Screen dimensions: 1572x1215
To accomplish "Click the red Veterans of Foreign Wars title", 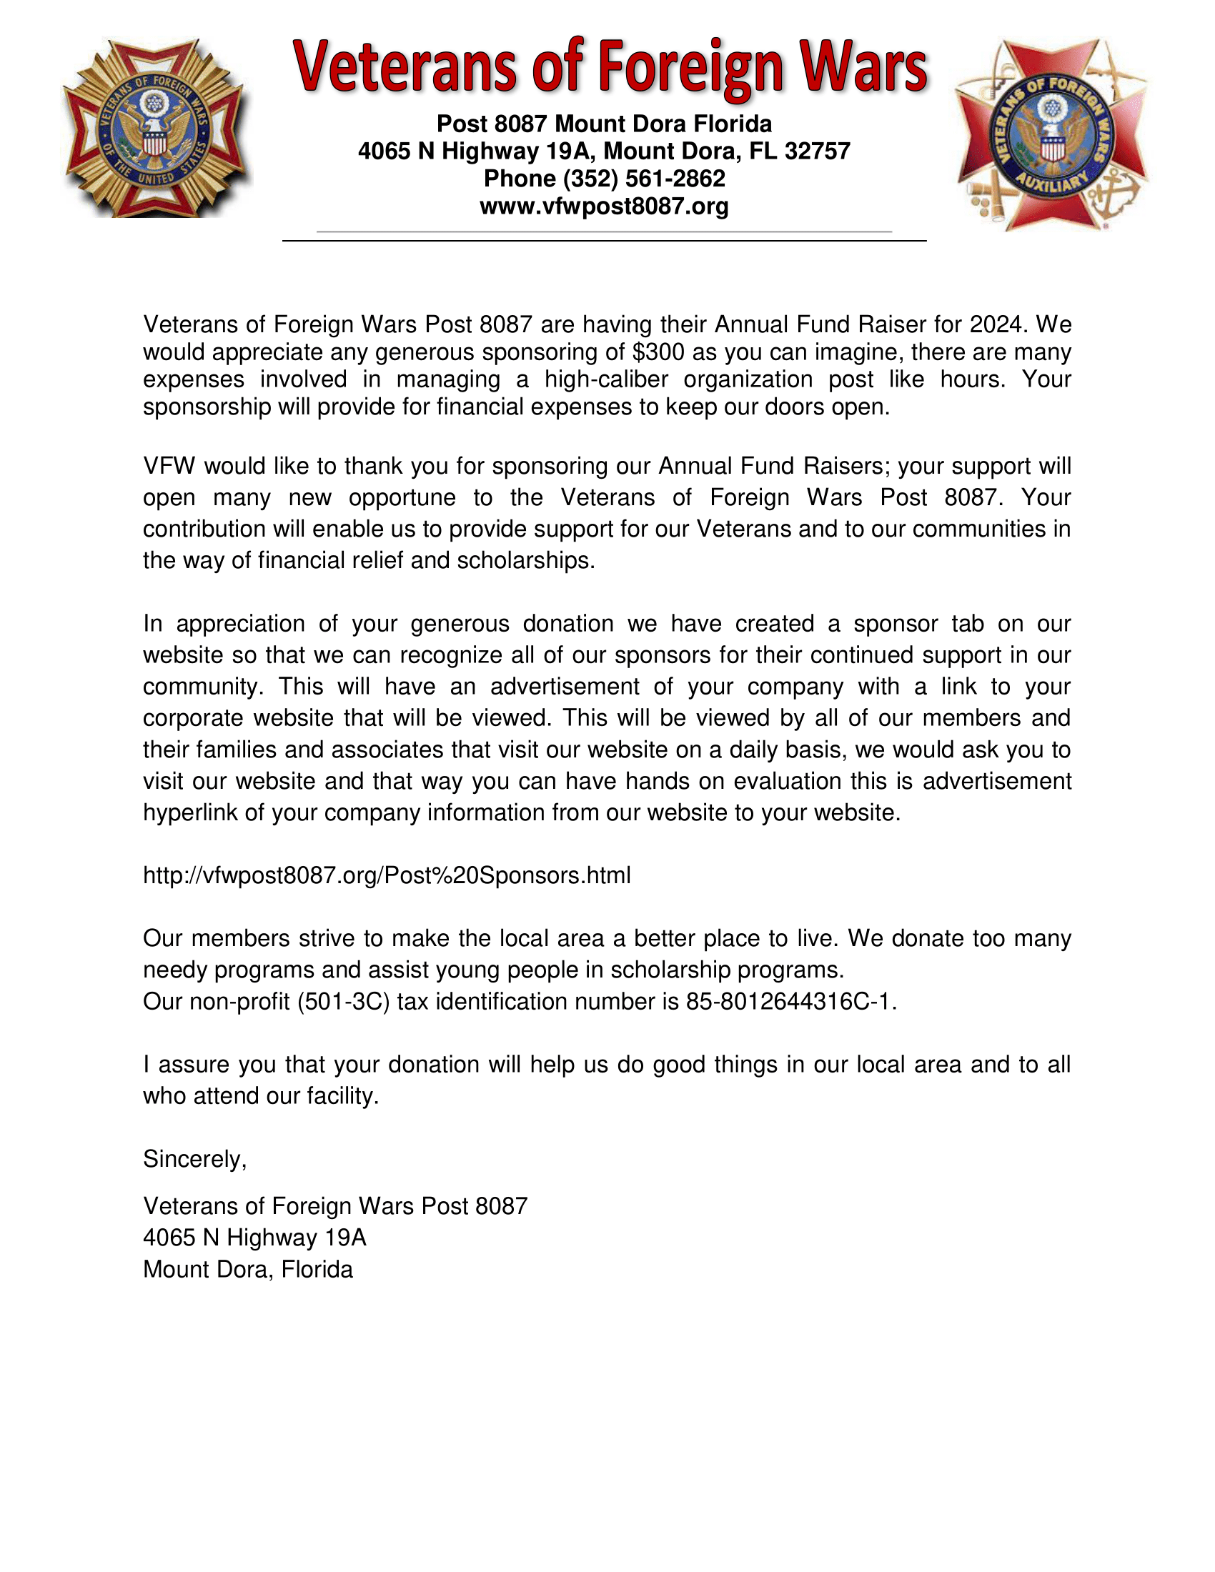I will (610, 68).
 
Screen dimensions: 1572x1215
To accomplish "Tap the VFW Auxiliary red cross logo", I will (1051, 134).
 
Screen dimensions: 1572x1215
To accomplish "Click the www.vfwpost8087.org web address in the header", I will (604, 207).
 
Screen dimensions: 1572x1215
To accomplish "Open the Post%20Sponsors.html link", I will (387, 875).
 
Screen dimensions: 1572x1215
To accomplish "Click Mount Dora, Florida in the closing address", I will (247, 1269).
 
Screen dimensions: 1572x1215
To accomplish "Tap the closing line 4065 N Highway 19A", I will (255, 1238).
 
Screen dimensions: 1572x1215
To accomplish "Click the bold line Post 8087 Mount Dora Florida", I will (604, 124).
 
